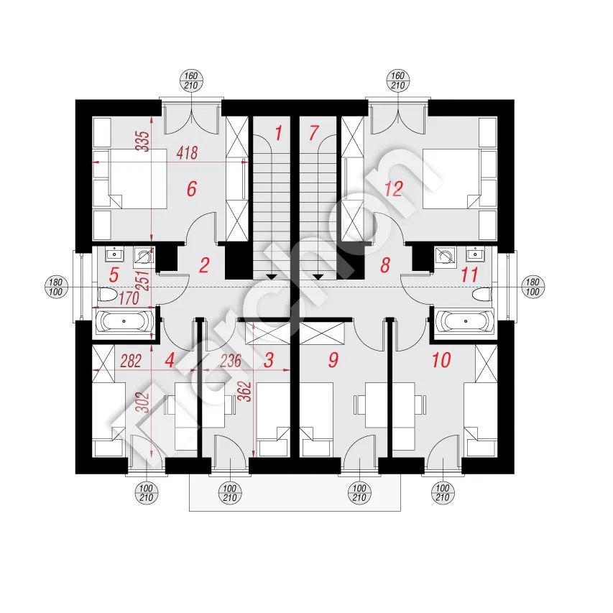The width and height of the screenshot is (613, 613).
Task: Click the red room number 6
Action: (191, 189)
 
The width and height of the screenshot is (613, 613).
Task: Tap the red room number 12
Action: (393, 189)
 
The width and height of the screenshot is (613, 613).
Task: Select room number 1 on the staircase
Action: (278, 132)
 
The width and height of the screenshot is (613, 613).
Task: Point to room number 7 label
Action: (312, 132)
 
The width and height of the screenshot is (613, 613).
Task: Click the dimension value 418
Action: (187, 153)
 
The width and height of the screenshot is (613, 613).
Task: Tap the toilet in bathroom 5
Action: (107, 294)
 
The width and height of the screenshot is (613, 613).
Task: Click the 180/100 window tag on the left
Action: (57, 285)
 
